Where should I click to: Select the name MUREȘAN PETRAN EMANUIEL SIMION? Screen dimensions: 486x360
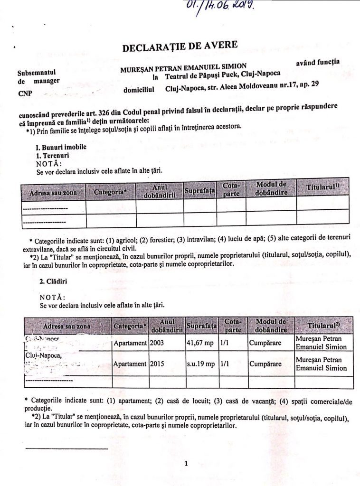pyautogui.click(x=189, y=68)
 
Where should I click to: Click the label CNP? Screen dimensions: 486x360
pyautogui.click(x=25, y=93)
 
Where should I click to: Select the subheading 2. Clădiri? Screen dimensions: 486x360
pyautogui.click(x=53, y=281)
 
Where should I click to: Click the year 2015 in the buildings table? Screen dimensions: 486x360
pyautogui.click(x=157, y=364)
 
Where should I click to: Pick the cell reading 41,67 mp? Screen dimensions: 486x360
pyautogui.click(x=200, y=343)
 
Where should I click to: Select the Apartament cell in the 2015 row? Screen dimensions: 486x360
pyautogui.click(x=130, y=364)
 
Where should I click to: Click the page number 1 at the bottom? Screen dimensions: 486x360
pyautogui.click(x=187, y=463)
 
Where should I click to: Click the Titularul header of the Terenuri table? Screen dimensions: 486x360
pyautogui.click(x=322, y=188)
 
